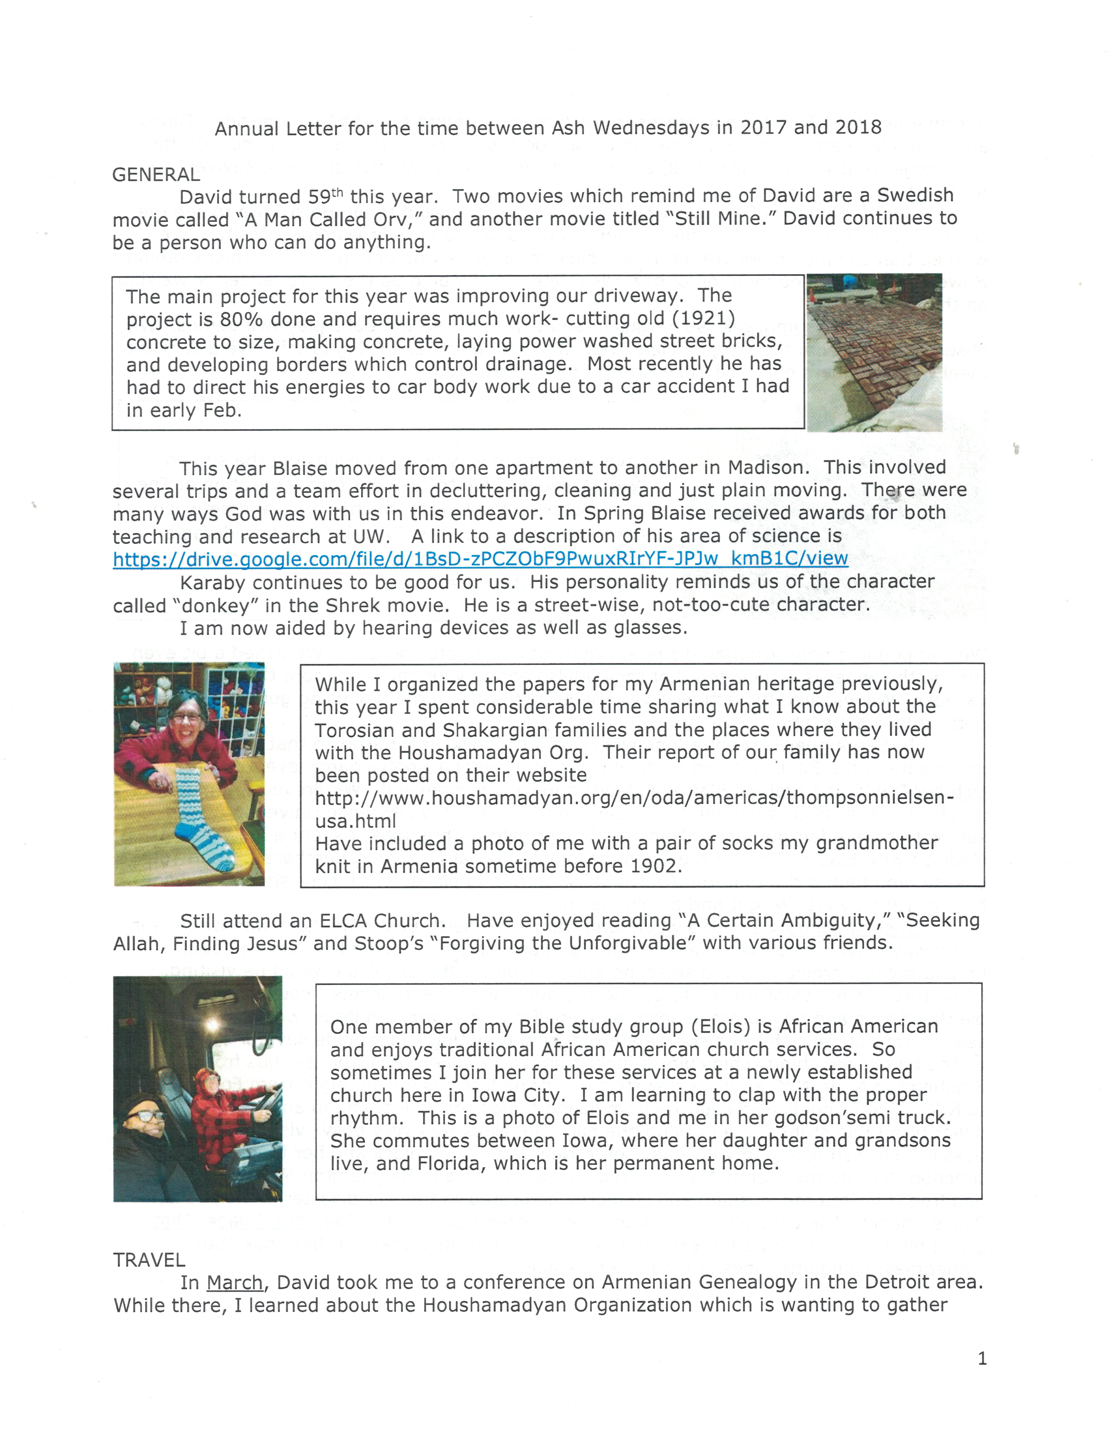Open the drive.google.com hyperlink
(x=480, y=559)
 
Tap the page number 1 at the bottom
(x=982, y=1358)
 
